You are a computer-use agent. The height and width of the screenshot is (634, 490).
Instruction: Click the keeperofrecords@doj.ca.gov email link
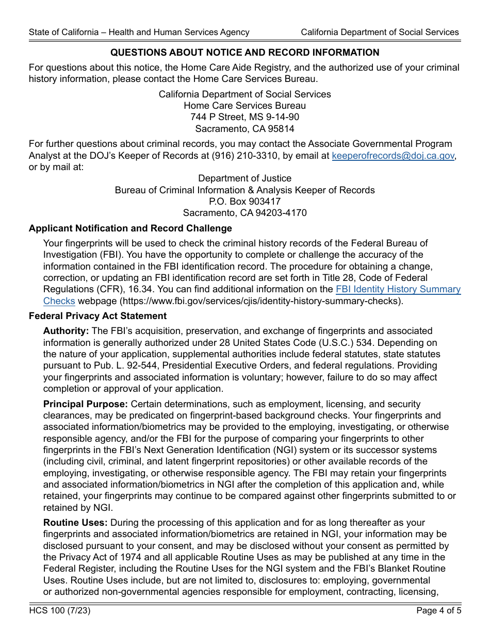pos(393,156)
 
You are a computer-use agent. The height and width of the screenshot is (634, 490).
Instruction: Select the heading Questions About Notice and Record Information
pos(245,53)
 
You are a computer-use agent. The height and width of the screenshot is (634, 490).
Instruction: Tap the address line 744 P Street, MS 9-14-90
pos(244,117)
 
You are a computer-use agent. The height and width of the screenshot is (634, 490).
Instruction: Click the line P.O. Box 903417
pos(244,202)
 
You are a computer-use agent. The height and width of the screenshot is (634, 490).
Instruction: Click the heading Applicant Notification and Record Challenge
pos(130,228)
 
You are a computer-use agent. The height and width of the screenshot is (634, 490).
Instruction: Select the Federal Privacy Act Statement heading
pos(98,316)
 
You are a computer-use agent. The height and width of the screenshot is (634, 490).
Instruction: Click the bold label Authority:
pos(66,331)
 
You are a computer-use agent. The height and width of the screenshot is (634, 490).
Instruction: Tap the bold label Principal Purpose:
pos(86,404)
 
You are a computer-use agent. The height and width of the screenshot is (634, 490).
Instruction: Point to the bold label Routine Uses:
pos(75,523)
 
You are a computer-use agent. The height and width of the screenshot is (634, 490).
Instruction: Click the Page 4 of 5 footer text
pos(438,611)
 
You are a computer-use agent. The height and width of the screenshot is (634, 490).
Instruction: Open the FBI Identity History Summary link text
pos(398,290)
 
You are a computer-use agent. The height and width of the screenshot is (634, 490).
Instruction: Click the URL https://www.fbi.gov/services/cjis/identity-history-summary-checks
pos(260,301)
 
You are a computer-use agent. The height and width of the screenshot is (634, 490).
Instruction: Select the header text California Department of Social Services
pos(380,32)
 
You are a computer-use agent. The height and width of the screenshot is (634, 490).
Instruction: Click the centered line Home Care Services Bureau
pos(244,106)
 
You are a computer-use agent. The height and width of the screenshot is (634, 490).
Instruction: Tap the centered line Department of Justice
pos(244,178)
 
